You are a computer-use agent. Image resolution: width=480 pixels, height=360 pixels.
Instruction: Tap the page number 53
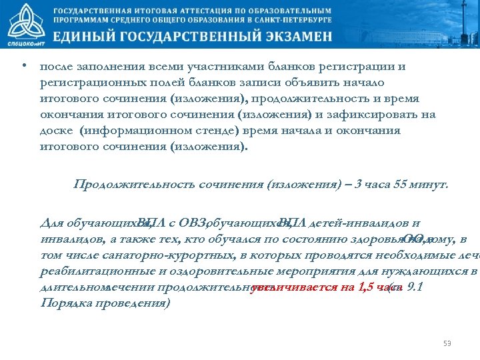[x=447, y=343]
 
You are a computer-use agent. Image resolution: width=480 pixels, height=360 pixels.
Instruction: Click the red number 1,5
[x=365, y=287]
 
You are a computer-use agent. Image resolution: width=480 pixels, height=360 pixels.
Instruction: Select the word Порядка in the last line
[x=64, y=303]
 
